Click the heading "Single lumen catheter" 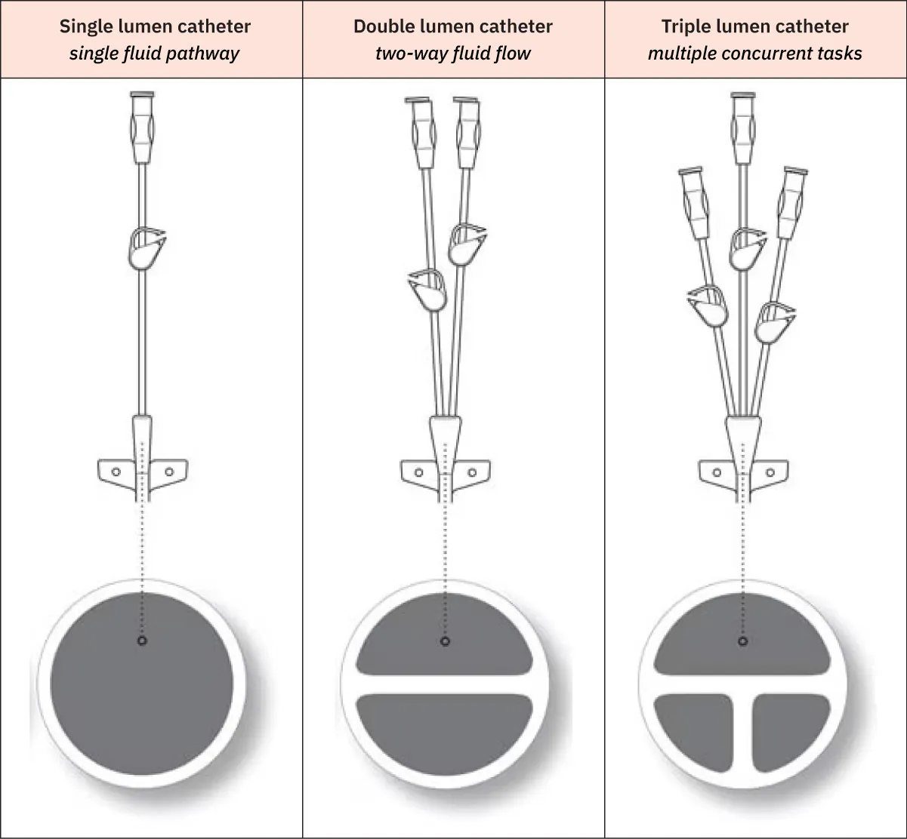(x=155, y=26)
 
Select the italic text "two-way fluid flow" (x=453, y=53)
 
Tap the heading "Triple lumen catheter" (x=754, y=26)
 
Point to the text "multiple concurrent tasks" (x=754, y=53)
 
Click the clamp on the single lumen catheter (x=145, y=249)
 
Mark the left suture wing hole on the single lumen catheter (x=116, y=472)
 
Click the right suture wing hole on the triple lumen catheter (x=770, y=473)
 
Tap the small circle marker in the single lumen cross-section (x=142, y=641)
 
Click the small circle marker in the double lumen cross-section (x=445, y=641)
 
